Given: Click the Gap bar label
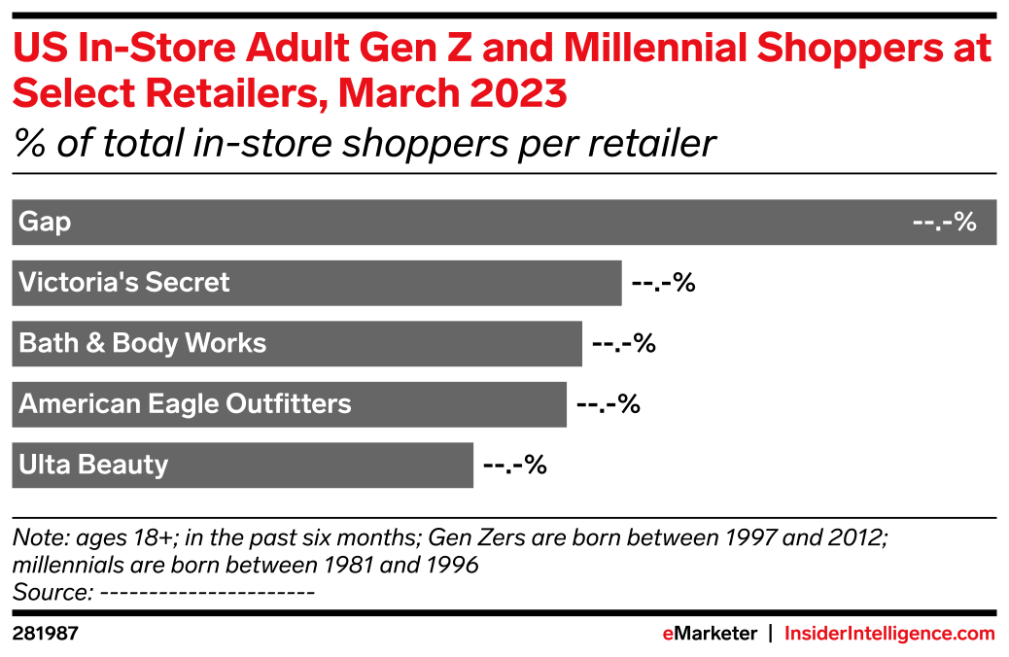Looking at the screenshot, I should pyautogui.click(x=45, y=223).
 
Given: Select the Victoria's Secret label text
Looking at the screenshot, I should pyautogui.click(x=124, y=283).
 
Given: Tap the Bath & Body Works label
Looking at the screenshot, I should pyautogui.click(x=142, y=343).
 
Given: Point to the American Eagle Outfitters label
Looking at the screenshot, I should pyautogui.click(x=185, y=403).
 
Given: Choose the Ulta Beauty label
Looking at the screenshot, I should pyautogui.click(x=93, y=465).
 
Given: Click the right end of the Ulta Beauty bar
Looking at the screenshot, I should pyautogui.click(x=472, y=465).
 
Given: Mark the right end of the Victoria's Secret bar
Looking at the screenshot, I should pyautogui.click(x=620, y=283).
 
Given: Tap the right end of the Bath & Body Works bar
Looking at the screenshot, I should pyautogui.click(x=581, y=343).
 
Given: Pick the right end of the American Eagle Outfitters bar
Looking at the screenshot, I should pyautogui.click(x=566, y=403).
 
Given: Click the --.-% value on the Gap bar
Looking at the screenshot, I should pyautogui.click(x=944, y=223).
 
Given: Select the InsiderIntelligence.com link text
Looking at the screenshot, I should pyautogui.click(x=889, y=634).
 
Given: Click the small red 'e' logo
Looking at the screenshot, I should pyautogui.click(x=668, y=634).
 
